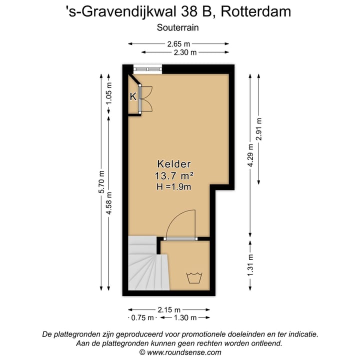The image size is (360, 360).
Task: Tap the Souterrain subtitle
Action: pyautogui.click(x=178, y=28)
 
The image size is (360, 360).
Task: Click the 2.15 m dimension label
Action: pyautogui.click(x=169, y=310)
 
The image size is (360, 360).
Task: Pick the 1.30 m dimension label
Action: pyautogui.click(x=185, y=318)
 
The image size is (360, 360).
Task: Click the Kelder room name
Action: pyautogui.click(x=174, y=164)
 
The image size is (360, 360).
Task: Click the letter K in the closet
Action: pyautogui.click(x=133, y=96)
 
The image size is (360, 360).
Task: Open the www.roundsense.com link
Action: pyautogui.click(x=184, y=352)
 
